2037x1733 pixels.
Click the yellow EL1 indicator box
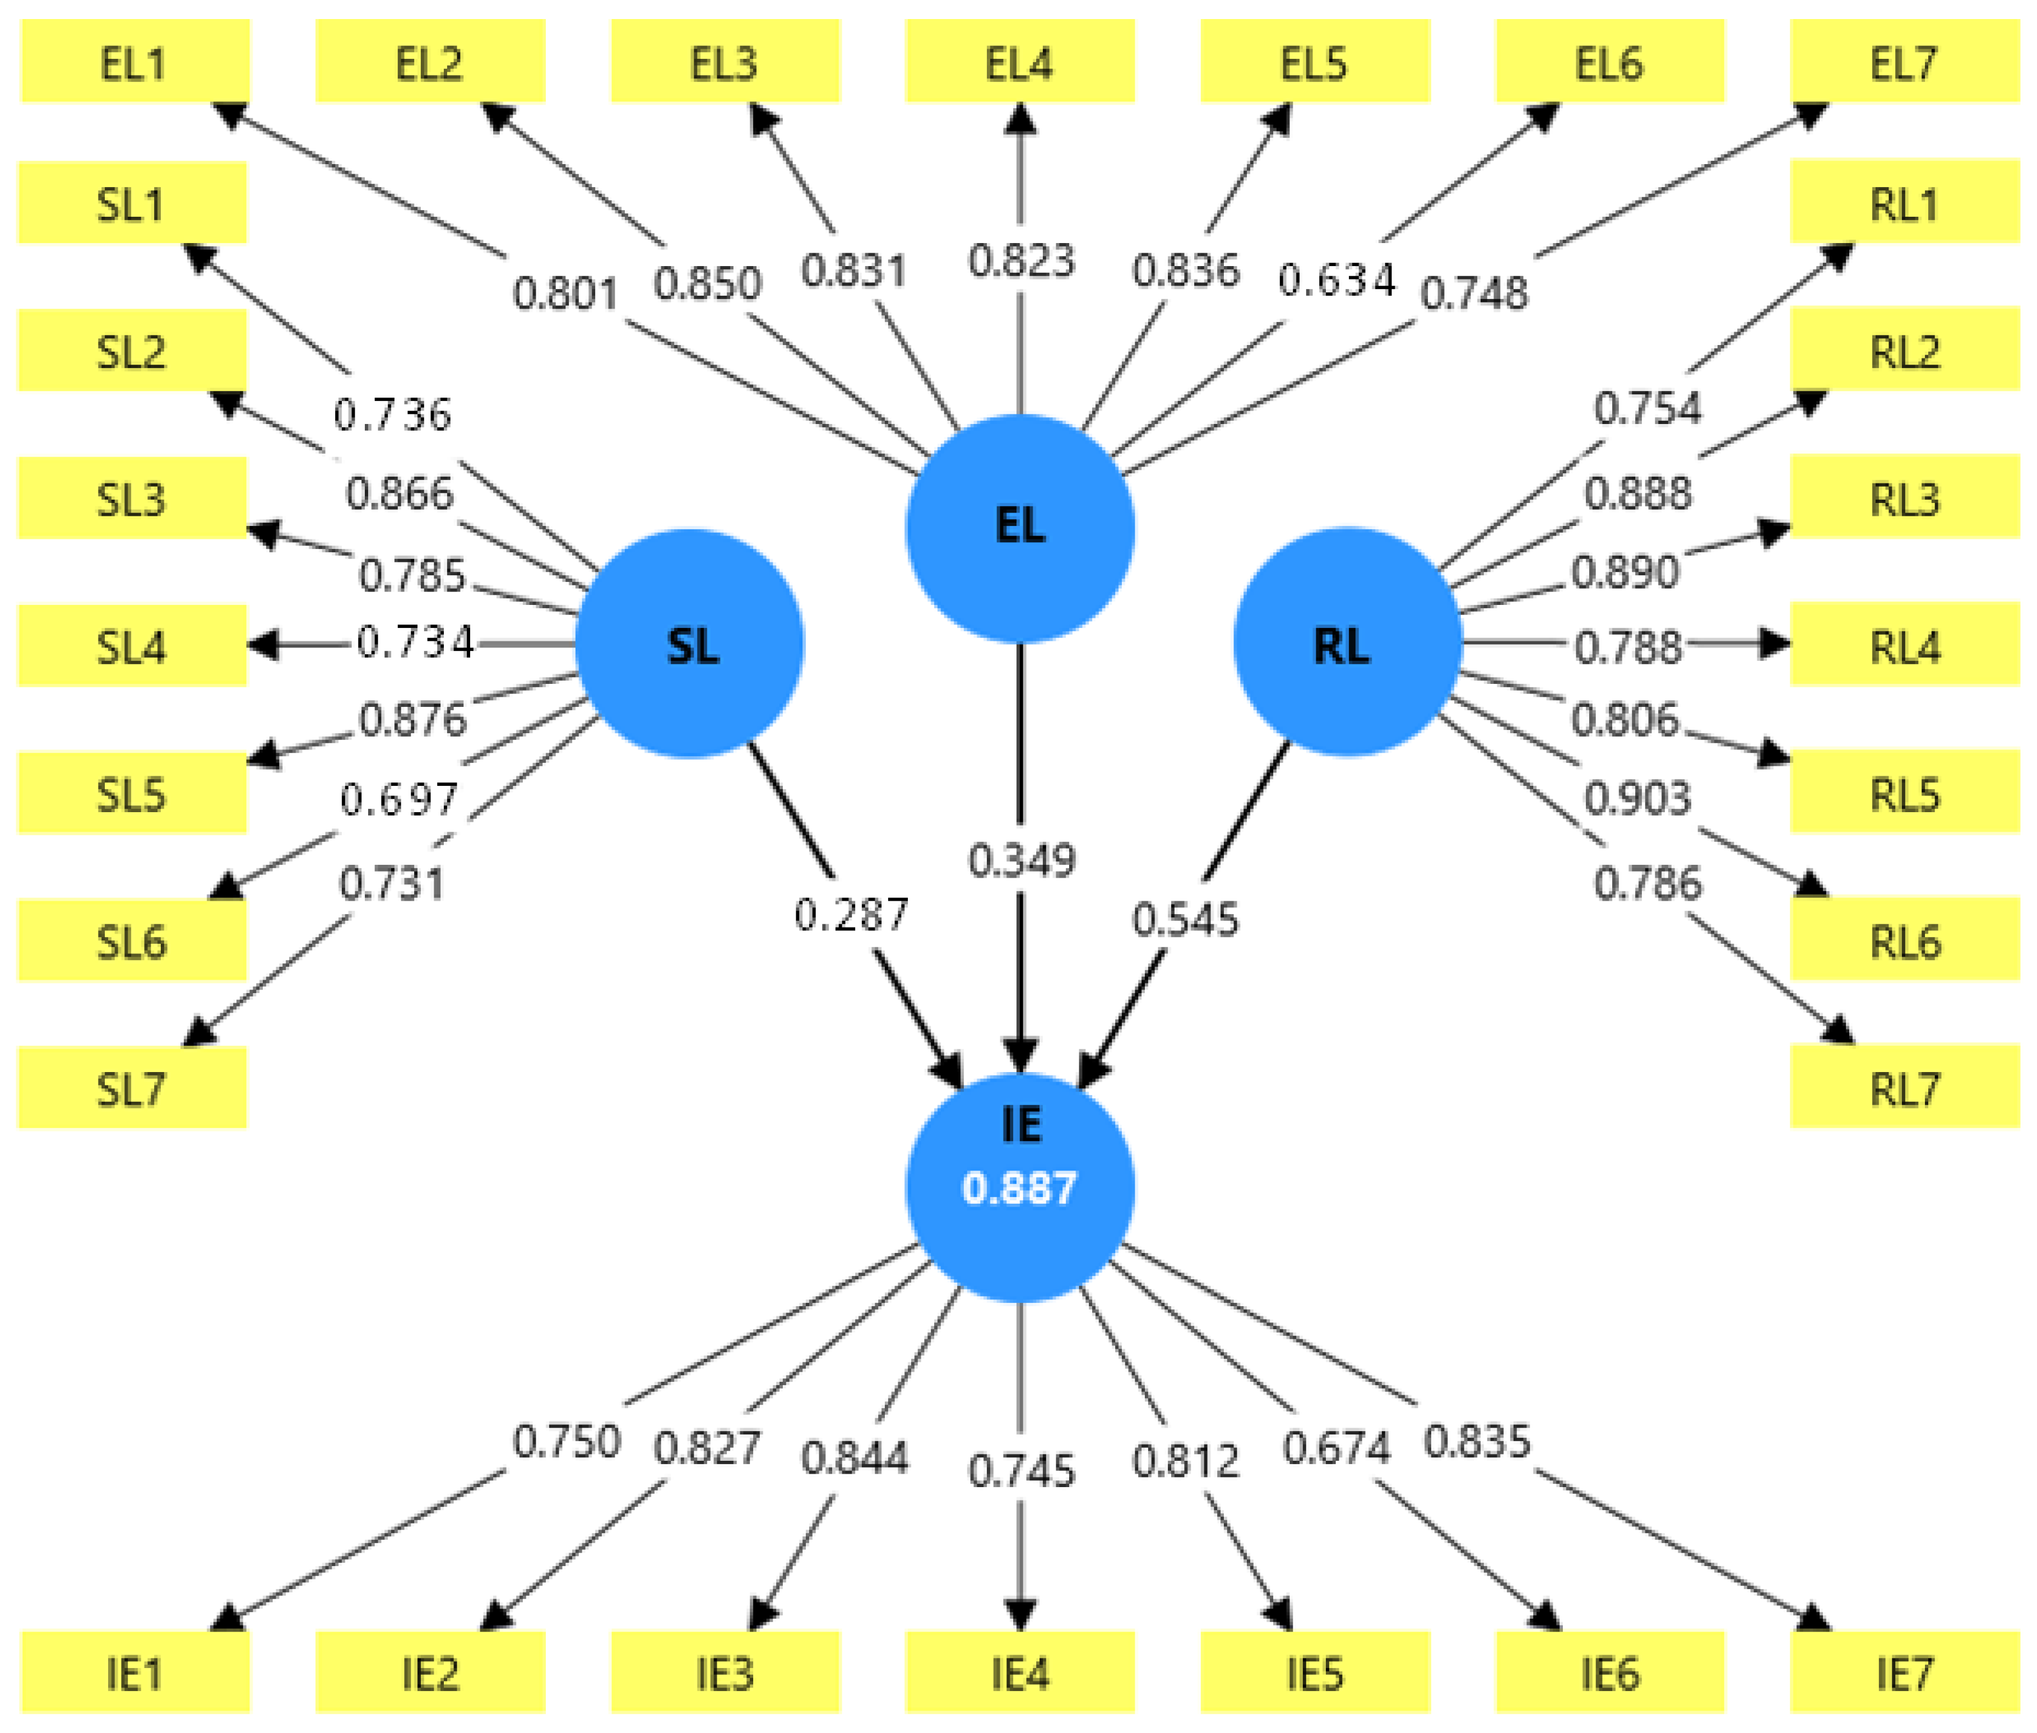coord(134,61)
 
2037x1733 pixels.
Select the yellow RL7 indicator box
coord(1904,1087)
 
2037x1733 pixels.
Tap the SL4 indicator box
coord(132,645)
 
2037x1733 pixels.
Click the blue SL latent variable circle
coord(690,644)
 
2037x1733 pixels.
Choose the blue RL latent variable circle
coord(1346,641)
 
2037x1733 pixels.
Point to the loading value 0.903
coord(1636,798)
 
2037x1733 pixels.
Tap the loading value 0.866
coord(399,493)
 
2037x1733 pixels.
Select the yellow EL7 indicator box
coord(1904,61)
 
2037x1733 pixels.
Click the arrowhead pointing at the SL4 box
coord(261,645)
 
